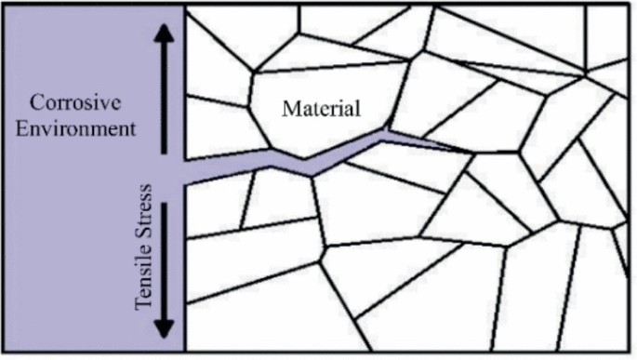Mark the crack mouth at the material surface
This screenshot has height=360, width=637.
pyautogui.click(x=186, y=169)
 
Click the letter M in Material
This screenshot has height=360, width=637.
pyautogui.click(x=288, y=109)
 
